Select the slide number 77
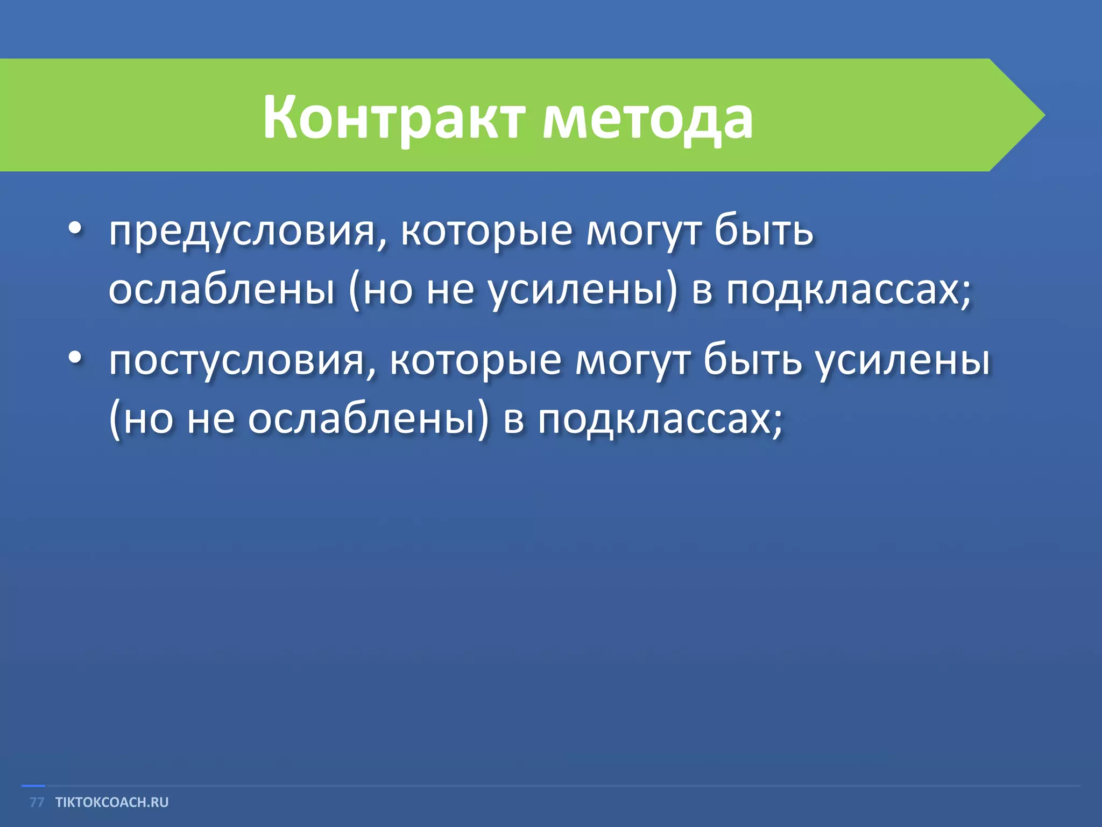tap(37, 802)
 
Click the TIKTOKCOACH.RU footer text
tap(112, 802)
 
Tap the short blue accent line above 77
tap(33, 786)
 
